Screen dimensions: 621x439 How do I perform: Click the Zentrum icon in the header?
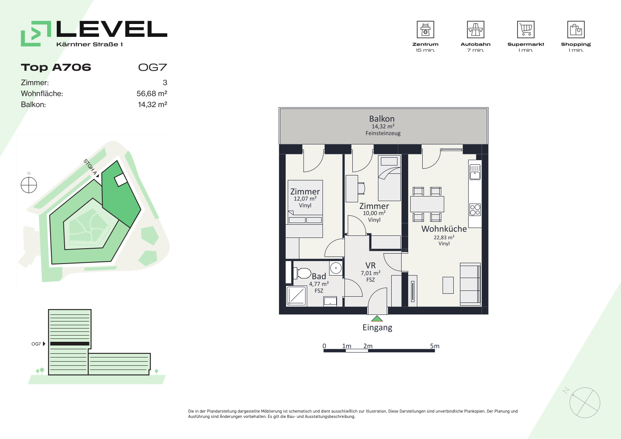point(425,29)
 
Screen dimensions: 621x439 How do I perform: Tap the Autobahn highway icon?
point(475,29)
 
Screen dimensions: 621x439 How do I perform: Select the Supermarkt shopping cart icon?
point(526,29)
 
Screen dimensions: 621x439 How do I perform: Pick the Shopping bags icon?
point(576,29)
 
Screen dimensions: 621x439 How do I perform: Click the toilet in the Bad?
point(302,273)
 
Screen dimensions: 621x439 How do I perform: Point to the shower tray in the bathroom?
point(296,296)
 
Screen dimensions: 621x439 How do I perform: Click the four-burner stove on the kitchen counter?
point(475,210)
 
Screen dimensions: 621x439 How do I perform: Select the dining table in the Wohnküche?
point(427,204)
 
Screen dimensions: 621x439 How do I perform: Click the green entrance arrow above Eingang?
point(377,319)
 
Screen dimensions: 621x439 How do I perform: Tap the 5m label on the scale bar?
point(435,346)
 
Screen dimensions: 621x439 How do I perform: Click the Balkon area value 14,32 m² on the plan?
point(383,126)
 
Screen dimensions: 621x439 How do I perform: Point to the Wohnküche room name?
point(444,229)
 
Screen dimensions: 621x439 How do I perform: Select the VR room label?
point(371,266)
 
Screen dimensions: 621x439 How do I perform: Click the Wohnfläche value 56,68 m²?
point(152,94)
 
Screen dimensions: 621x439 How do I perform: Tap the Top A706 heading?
point(56,67)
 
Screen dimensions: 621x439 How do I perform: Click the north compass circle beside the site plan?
point(29,185)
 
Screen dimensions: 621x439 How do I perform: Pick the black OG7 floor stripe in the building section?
point(70,344)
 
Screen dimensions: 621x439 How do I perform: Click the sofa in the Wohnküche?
point(470,284)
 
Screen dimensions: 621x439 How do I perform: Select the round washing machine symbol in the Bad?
point(336,268)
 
